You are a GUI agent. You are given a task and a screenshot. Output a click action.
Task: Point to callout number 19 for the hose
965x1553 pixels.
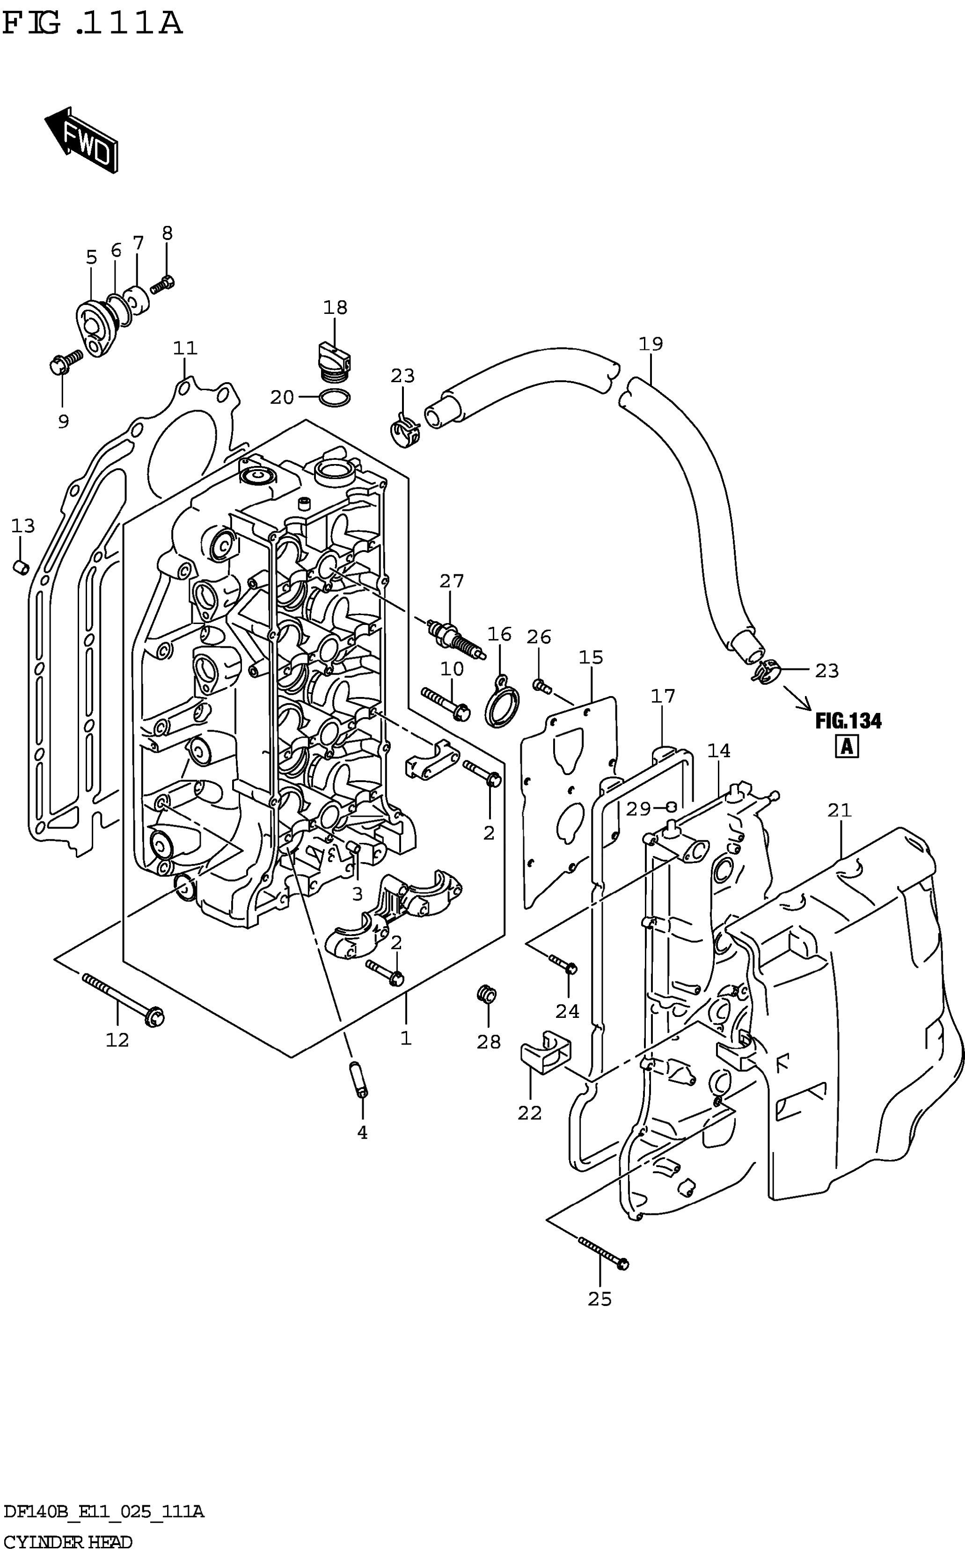coord(651,344)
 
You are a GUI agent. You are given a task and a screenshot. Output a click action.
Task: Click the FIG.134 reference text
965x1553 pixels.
coord(848,721)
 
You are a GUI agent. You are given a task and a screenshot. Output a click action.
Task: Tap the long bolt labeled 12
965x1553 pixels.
coord(123,1000)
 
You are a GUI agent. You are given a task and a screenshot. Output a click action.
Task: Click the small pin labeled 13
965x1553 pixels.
coord(21,566)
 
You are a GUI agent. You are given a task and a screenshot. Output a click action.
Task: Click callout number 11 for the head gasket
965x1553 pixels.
coord(185,348)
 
